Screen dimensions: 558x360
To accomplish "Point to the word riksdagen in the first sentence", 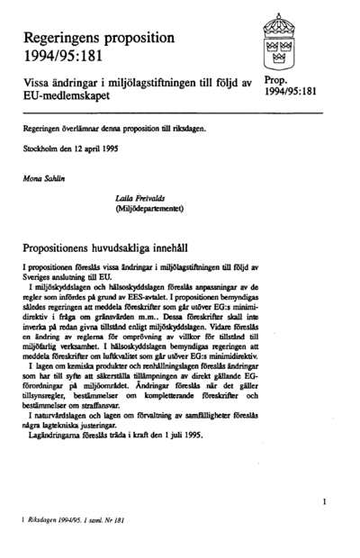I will point(188,127).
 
